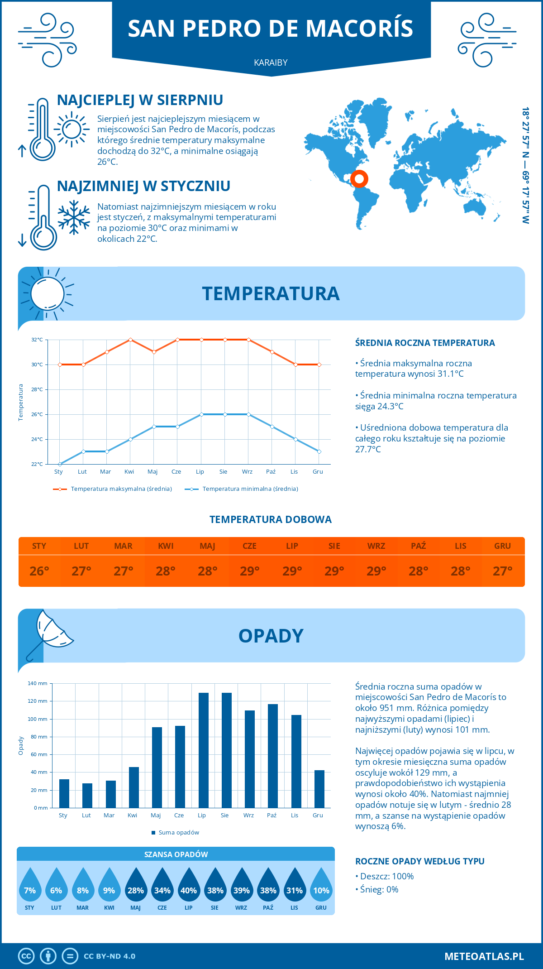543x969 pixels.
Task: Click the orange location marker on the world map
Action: [359, 179]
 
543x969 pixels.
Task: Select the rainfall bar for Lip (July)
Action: [204, 750]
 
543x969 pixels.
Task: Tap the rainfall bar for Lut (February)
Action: [87, 796]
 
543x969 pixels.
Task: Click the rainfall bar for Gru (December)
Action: [319, 789]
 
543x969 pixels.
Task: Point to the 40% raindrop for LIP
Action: [189, 886]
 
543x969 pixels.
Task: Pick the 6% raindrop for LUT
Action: [56, 886]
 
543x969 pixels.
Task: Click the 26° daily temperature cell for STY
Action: [39, 571]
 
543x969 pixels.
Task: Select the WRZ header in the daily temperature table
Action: [376, 546]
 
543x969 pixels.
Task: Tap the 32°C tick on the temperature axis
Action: [37, 340]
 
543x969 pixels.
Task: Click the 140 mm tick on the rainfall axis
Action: [38, 683]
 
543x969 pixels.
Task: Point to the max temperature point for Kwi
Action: [130, 340]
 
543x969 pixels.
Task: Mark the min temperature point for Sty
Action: [60, 464]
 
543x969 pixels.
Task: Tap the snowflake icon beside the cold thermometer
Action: [74, 217]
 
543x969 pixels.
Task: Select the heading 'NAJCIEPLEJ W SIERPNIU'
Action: [140, 100]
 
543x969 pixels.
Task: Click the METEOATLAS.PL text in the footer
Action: [484, 956]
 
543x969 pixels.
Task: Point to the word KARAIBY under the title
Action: [271, 62]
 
